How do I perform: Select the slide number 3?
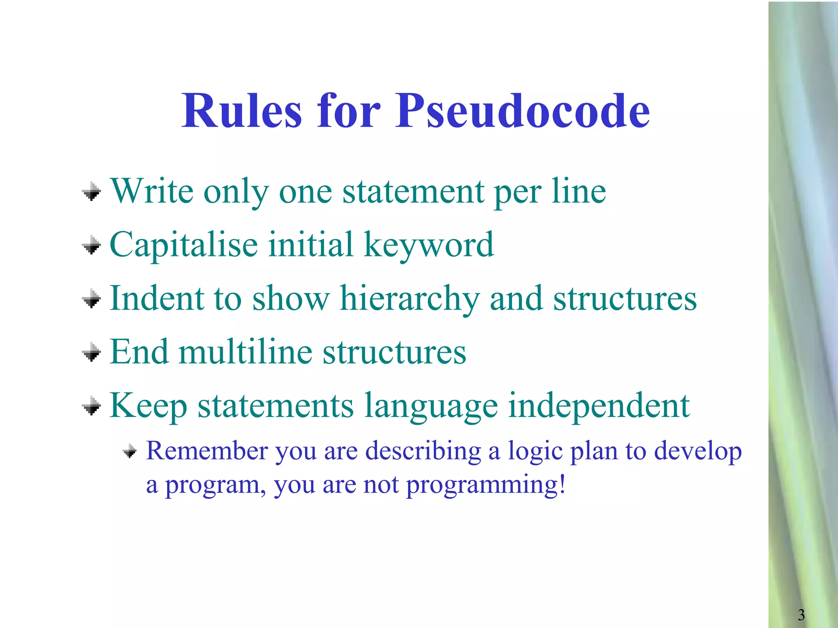pyautogui.click(x=801, y=615)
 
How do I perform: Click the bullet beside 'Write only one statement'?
pyautogui.click(x=92, y=191)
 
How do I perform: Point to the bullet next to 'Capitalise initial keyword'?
pyautogui.click(x=92, y=245)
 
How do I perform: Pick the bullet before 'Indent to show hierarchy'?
pyautogui.click(x=92, y=299)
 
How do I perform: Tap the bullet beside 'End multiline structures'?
pyautogui.click(x=92, y=352)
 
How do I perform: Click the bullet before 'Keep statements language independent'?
pyautogui.click(x=92, y=406)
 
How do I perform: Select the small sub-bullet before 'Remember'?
pyautogui.click(x=130, y=451)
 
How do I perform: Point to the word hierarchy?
pyautogui.click(x=410, y=299)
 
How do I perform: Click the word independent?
pyautogui.click(x=599, y=406)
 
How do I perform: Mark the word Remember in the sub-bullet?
pyautogui.click(x=206, y=451)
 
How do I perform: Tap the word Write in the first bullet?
pyautogui.click(x=152, y=191)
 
